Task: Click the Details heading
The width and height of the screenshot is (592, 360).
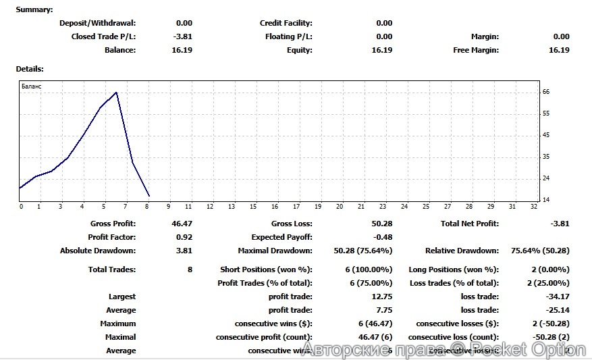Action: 30,69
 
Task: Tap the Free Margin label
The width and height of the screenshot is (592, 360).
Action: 476,50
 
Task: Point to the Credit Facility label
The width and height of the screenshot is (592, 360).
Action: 286,23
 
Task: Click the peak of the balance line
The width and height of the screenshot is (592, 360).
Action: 116,93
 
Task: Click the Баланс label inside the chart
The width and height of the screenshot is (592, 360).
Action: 32,87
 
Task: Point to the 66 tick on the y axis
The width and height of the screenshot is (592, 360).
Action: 546,92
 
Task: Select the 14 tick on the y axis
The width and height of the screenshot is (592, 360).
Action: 546,200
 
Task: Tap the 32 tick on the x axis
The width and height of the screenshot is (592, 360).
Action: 534,207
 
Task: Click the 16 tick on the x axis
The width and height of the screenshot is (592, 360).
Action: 275,207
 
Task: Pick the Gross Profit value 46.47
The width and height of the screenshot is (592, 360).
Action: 182,224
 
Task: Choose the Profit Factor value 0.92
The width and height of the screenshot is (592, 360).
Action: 184,237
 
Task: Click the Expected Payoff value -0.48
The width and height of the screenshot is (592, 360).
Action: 383,237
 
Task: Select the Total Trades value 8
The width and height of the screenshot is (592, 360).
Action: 190,269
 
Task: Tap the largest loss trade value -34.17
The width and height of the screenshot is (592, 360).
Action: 558,297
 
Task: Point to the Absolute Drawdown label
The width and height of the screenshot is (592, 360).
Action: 98,251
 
